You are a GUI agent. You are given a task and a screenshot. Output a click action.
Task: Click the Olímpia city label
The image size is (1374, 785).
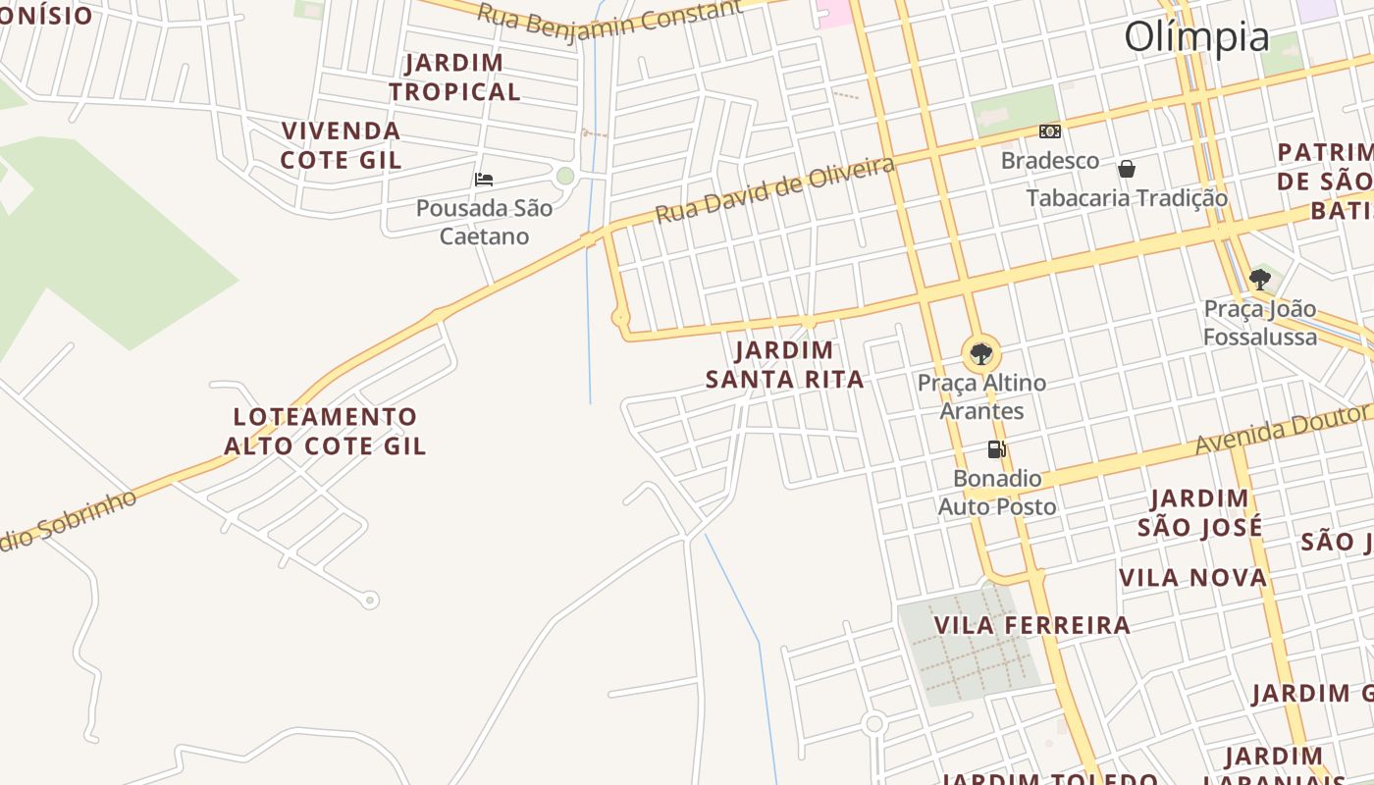(1196, 37)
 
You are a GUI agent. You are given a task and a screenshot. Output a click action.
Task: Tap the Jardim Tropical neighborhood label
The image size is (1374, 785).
(454, 78)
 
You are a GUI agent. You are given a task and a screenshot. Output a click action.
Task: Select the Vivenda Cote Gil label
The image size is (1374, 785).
(341, 145)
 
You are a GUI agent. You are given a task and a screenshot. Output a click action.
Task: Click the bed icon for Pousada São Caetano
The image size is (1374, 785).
(484, 180)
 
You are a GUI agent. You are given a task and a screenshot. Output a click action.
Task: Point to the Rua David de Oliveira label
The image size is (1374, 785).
(774, 189)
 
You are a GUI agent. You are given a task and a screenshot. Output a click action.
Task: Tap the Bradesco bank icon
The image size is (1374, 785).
(1050, 131)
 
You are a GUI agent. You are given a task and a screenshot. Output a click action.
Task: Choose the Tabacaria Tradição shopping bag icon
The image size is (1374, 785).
(1127, 169)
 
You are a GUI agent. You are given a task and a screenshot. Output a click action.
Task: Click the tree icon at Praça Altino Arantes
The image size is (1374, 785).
(980, 353)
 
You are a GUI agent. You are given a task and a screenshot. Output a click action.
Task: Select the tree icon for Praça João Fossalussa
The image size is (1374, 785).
(1260, 280)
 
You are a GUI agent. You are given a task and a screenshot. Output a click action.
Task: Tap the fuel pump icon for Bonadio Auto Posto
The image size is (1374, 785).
(996, 449)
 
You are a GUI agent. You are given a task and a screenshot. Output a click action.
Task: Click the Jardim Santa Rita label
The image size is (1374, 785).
(784, 365)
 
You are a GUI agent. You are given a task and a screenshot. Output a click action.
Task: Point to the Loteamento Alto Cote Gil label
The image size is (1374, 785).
(325, 432)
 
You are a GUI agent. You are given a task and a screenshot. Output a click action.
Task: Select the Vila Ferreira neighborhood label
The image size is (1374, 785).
(1031, 625)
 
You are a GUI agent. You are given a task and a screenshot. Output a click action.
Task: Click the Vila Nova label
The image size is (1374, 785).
(1193, 577)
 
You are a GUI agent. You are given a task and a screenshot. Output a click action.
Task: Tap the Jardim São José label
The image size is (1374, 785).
(1199, 513)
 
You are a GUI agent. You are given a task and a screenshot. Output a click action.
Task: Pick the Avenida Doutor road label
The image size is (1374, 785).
(1281, 431)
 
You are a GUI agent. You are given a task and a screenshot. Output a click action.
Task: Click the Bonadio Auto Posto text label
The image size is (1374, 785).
(997, 493)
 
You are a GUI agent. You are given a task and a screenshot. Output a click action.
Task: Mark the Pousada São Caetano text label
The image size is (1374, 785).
(484, 222)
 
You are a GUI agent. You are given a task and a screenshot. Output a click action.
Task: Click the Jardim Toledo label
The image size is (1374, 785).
(1049, 779)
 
